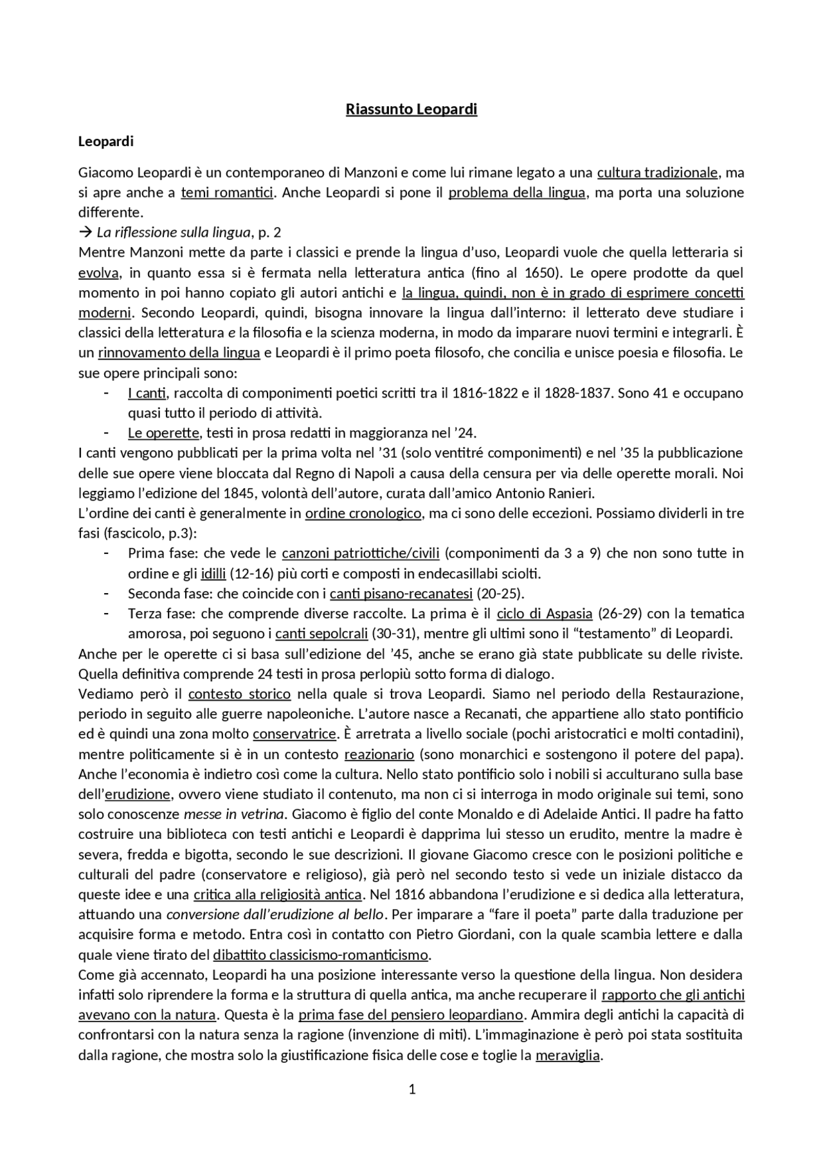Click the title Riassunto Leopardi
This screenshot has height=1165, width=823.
[411, 109]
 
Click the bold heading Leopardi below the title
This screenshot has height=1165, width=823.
[105, 142]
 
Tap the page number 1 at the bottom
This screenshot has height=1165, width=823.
[412, 1089]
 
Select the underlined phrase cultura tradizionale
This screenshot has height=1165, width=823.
[657, 172]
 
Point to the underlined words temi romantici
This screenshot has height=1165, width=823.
[227, 192]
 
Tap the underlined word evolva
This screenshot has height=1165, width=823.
[98, 273]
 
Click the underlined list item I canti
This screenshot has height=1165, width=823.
[147, 392]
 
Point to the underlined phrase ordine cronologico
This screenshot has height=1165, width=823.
[363, 513]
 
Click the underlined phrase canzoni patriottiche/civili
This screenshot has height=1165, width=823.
[361, 553]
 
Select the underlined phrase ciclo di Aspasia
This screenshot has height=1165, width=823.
[544, 613]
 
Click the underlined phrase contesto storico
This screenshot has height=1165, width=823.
[239, 694]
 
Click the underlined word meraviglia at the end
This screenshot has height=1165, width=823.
[568, 1055]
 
